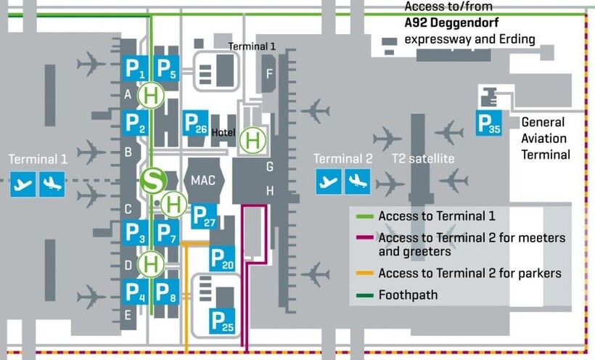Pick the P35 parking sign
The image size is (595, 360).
pyautogui.click(x=489, y=123)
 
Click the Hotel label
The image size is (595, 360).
pyautogui.click(x=223, y=133)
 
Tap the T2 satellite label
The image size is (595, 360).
pyautogui.click(x=423, y=159)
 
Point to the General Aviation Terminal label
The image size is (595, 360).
pyautogui.click(x=545, y=138)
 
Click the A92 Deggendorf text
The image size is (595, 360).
pyautogui.click(x=450, y=22)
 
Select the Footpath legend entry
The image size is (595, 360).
pyautogui.click(x=409, y=295)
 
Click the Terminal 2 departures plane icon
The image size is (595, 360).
pyautogui.click(x=329, y=181)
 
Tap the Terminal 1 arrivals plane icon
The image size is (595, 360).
pyautogui.click(x=52, y=184)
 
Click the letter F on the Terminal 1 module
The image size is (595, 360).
pyautogui.click(x=269, y=73)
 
